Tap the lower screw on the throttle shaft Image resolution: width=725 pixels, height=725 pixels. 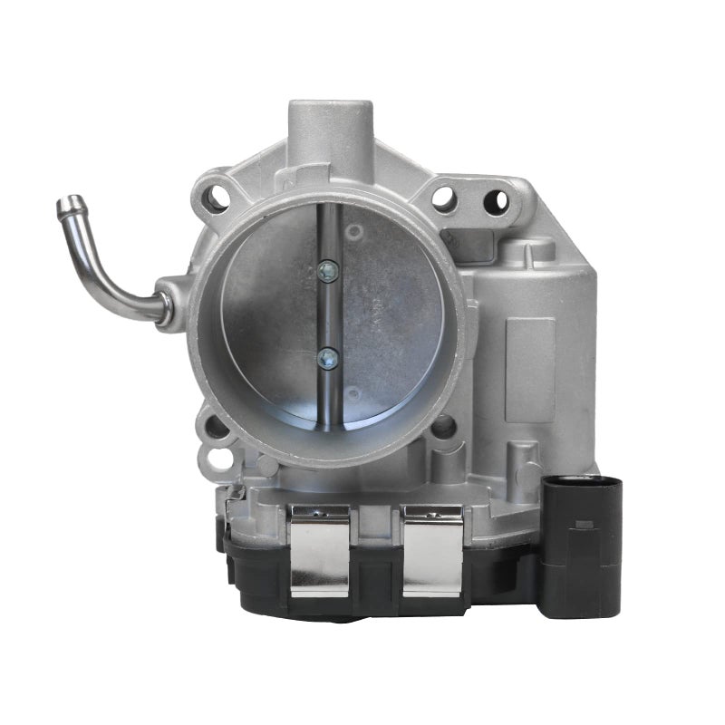(327, 355)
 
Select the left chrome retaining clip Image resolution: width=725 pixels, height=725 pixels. (320, 552)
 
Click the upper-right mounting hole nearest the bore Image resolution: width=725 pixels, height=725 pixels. (443, 196)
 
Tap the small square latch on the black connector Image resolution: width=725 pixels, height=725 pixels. (585, 525)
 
